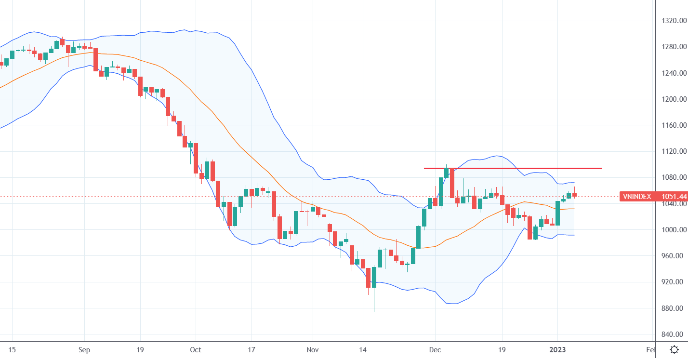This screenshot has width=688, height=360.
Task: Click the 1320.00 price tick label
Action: pyautogui.click(x=674, y=21)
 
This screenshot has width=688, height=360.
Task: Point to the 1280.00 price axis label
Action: pyautogui.click(x=674, y=47)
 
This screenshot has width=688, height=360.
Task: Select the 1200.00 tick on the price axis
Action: pyautogui.click(x=674, y=99)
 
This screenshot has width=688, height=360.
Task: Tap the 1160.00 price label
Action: pyautogui.click(x=674, y=125)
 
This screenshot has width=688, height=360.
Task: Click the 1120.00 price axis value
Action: pyautogui.click(x=674, y=151)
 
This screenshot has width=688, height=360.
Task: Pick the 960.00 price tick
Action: pyautogui.click(x=674, y=256)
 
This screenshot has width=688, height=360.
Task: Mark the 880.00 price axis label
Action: pyautogui.click(x=674, y=308)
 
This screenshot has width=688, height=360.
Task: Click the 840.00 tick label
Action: pyautogui.click(x=674, y=334)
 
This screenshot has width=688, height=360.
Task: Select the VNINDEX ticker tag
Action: pyautogui.click(x=637, y=196)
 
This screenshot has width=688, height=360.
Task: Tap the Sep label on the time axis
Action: pyautogui.click(x=84, y=349)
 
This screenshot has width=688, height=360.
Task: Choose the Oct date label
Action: pyautogui.click(x=196, y=349)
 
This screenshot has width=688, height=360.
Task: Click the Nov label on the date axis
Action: pyautogui.click(x=313, y=349)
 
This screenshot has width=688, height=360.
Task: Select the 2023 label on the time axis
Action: pyautogui.click(x=557, y=349)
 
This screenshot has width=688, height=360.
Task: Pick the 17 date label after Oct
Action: pyautogui.click(x=251, y=349)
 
